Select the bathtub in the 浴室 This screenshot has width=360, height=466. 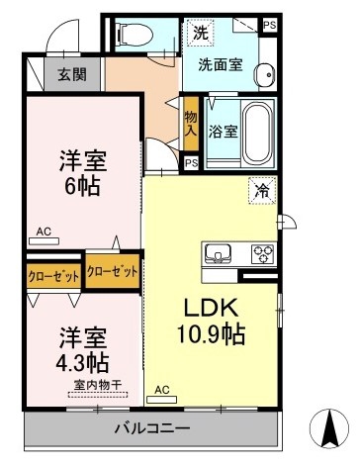tap(257, 133)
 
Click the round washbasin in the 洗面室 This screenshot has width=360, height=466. tap(264, 74)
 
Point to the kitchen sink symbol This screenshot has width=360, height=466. tap(218, 253)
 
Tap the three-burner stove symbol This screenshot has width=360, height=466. tap(263, 253)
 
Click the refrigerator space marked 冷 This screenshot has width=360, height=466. tap(262, 191)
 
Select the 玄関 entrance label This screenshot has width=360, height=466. tap(72, 75)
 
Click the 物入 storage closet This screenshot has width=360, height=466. tap(191, 124)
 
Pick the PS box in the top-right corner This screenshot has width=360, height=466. tap(270, 26)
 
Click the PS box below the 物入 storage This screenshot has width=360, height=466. tap(191, 163)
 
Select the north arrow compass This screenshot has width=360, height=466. tap(329, 428)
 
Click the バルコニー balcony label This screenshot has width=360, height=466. tap(152, 428)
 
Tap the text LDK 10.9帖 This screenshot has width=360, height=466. tap(211, 321)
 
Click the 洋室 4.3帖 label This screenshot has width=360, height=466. tap(82, 350)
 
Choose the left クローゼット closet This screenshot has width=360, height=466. tap(53, 276)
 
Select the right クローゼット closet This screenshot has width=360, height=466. tap(112, 271)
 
